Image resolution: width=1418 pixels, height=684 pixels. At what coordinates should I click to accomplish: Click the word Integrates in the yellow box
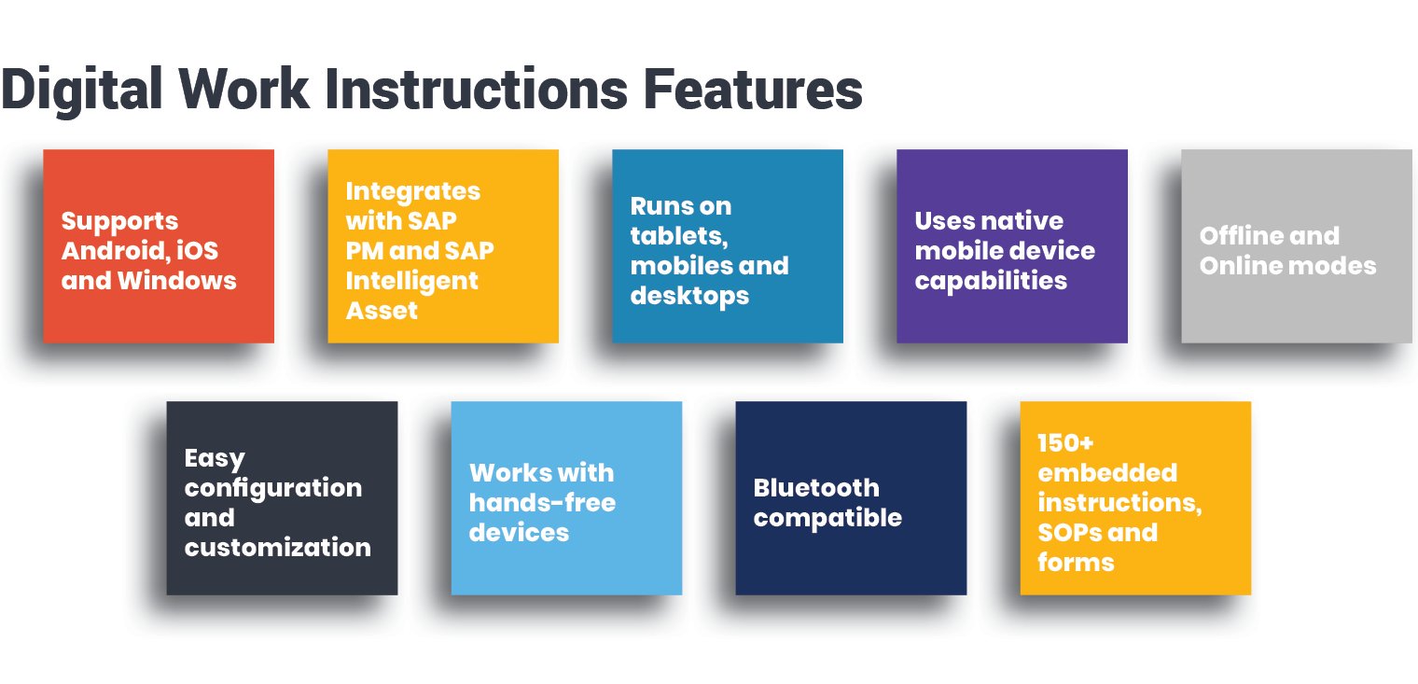(412, 191)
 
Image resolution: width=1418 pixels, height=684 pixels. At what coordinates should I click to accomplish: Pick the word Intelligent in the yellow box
(411, 281)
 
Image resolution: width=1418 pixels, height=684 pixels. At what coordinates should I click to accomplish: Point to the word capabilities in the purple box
(991, 281)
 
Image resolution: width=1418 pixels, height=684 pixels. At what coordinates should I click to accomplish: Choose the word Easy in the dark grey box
(215, 459)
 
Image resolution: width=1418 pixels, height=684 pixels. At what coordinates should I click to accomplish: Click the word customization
(277, 548)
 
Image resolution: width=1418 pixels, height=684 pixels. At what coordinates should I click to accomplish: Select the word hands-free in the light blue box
(542, 503)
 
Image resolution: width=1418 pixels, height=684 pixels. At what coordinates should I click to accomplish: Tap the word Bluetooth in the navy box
(815, 488)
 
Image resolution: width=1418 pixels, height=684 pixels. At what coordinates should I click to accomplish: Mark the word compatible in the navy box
(827, 518)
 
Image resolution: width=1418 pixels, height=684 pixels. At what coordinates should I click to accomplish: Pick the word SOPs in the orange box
(1072, 533)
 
